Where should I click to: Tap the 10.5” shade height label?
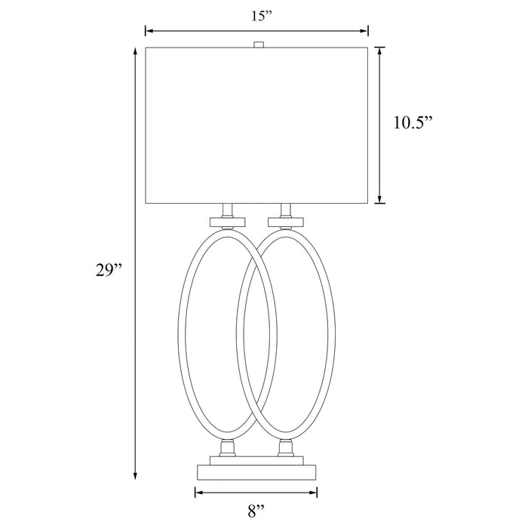tap(413, 122)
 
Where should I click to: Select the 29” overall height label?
tap(109, 270)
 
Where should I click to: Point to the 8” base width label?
tap(256, 511)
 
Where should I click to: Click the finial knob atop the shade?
tap(258, 45)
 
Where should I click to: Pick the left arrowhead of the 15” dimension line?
tap(149, 31)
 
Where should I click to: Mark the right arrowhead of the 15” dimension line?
tap(364, 31)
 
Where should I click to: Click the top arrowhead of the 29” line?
tap(135, 51)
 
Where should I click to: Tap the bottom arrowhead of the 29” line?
tap(135, 475)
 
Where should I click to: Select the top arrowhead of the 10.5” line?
tap(380, 51)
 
